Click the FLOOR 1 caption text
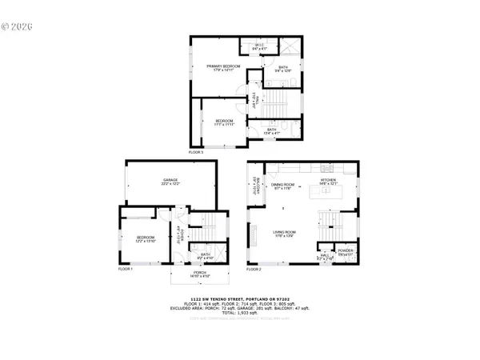coord(126,270)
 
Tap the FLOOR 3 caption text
coord(196,150)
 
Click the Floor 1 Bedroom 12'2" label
coord(145,239)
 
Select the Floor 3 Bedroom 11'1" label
coord(225,123)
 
